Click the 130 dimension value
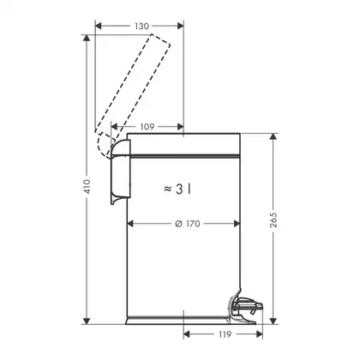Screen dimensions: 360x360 pyautogui.click(x=141, y=27)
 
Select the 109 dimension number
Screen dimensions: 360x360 pyautogui.click(x=147, y=127)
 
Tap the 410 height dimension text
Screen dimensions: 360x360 pyautogui.click(x=87, y=186)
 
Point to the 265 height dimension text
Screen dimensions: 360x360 pyautogui.click(x=273, y=219)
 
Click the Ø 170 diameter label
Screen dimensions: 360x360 pyautogui.click(x=188, y=224)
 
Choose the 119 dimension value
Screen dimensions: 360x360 pyautogui.click(x=225, y=334)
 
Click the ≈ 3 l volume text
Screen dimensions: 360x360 pyautogui.click(x=177, y=189)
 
